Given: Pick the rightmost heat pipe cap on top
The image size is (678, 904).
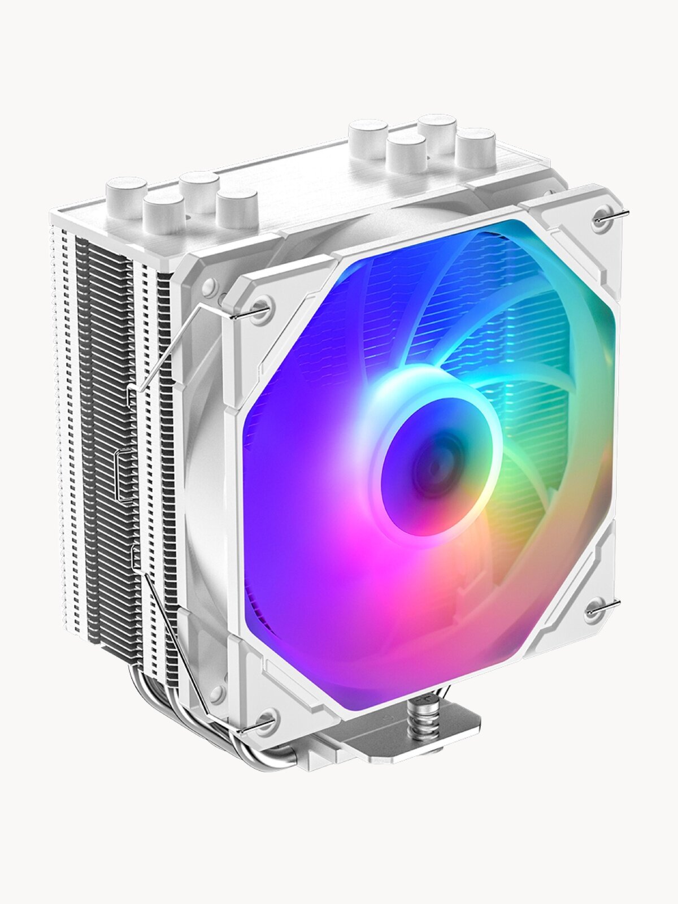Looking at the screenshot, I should [x=476, y=149].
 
